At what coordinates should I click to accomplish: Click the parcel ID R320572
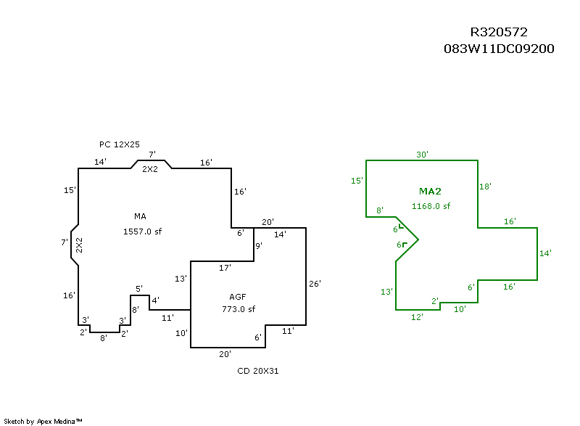(499, 32)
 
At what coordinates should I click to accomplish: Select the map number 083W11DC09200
(499, 49)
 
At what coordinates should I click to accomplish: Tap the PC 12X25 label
(120, 144)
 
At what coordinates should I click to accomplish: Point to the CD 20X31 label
(258, 371)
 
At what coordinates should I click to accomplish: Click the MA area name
(140, 216)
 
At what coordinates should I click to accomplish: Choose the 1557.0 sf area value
(142, 232)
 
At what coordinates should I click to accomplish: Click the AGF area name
(238, 298)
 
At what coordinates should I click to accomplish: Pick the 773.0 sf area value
(239, 309)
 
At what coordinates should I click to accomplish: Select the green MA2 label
(430, 192)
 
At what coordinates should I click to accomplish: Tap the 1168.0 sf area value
(431, 206)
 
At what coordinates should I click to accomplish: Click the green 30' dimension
(422, 155)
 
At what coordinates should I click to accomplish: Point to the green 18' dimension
(486, 187)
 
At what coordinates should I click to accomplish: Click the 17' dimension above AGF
(225, 268)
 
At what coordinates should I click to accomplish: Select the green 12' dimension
(417, 316)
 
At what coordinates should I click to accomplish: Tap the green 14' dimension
(545, 253)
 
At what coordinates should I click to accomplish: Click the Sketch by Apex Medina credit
(43, 421)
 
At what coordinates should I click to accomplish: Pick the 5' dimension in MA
(139, 289)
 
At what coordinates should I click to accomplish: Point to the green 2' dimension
(435, 300)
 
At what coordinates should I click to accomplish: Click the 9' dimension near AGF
(258, 245)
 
